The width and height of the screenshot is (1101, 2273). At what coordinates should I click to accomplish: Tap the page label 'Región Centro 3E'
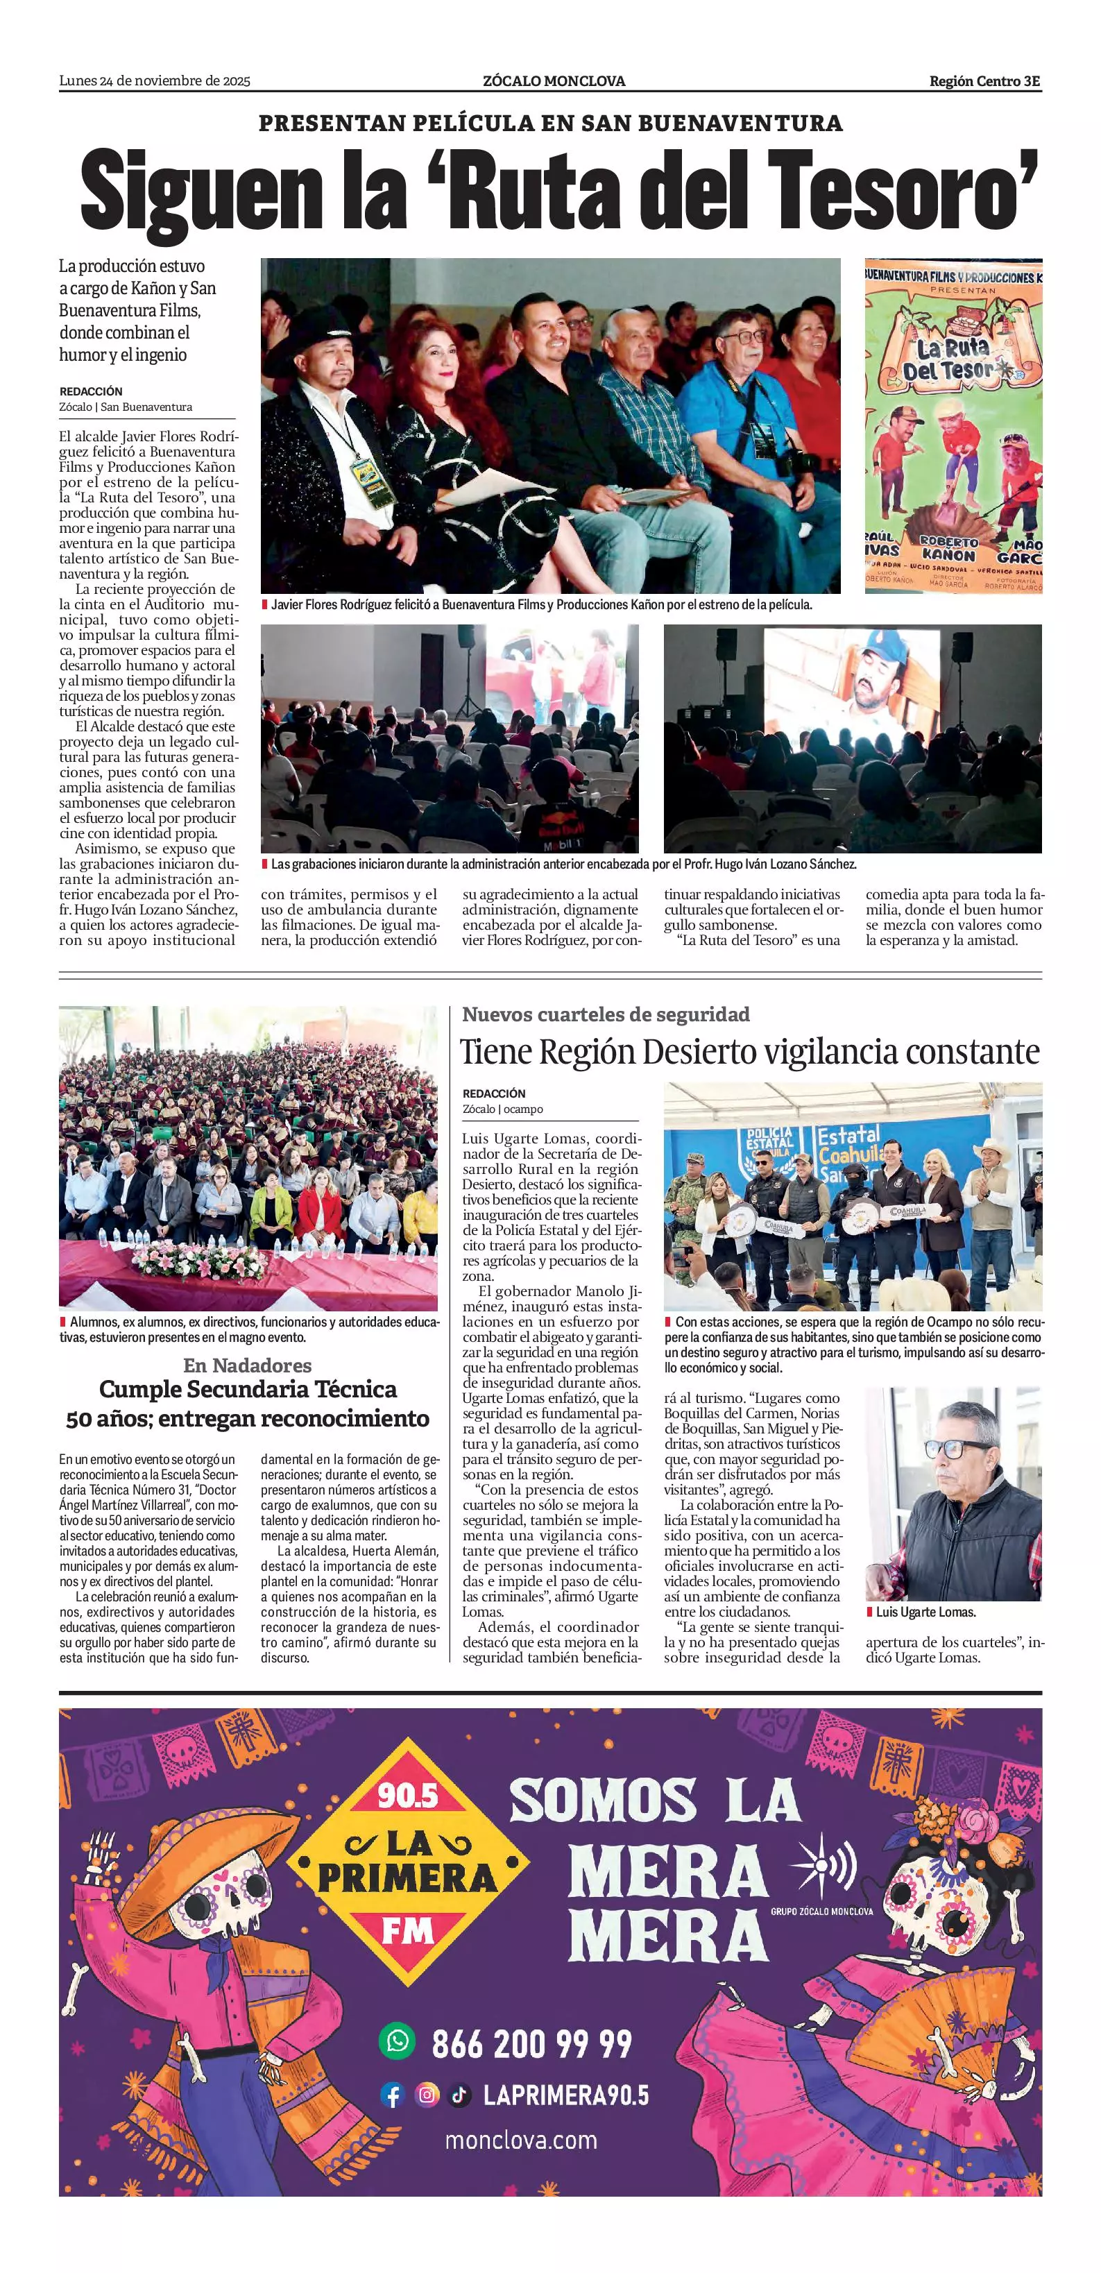click(984, 81)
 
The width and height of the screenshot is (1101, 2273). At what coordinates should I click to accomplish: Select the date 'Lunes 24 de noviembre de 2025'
click(155, 81)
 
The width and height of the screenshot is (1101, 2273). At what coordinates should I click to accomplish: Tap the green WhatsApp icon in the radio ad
click(397, 2041)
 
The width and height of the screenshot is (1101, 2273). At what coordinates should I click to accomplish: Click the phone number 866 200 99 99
click(532, 2043)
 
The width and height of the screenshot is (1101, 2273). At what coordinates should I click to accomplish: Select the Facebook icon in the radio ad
click(392, 2095)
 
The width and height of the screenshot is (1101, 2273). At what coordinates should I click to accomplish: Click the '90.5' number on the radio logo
click(407, 1795)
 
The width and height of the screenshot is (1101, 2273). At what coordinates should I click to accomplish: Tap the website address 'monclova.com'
click(520, 2140)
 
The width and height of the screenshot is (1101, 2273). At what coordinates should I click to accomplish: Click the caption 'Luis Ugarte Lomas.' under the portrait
click(925, 1612)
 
